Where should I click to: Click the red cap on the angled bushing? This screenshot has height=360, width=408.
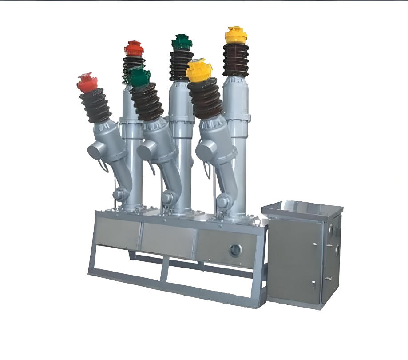tap(87, 83)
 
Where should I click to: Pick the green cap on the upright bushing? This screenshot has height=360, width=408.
tap(182, 42)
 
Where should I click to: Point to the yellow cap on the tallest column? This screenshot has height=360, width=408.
tap(236, 35)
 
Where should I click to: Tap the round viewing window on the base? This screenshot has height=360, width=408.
tap(234, 251)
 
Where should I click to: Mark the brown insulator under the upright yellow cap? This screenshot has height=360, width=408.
tap(236, 60)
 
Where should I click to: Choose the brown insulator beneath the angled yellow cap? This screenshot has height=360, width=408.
tap(205, 99)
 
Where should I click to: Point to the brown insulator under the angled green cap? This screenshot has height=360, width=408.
tap(147, 102)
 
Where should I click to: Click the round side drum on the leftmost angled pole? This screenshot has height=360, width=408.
tap(95, 152)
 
